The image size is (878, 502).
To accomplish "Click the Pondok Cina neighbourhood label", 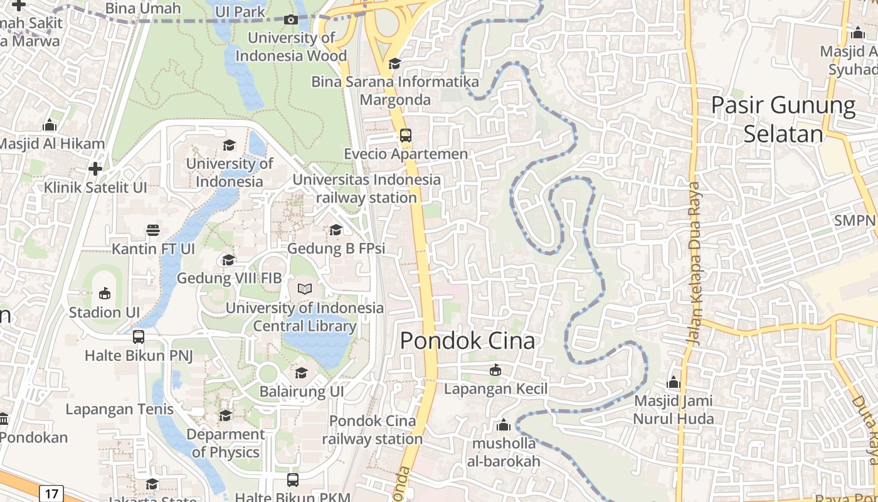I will [x=467, y=341].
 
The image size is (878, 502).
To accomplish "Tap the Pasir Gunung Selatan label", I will [x=783, y=119].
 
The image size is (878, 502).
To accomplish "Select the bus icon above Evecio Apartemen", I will [x=406, y=135].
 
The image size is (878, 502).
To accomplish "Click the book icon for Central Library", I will [x=305, y=289].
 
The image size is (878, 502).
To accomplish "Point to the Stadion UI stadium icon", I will [x=104, y=293].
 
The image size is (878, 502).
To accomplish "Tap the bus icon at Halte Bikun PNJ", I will [x=139, y=337].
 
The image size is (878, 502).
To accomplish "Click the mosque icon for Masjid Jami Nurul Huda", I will [x=674, y=382].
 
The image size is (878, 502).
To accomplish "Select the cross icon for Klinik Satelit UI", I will [x=95, y=169].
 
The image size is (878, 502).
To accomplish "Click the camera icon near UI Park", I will [x=290, y=19].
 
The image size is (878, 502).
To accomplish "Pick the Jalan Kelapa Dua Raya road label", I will [x=693, y=264].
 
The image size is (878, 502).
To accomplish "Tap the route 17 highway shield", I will [x=51, y=493].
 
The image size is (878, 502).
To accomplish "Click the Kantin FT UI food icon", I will [x=153, y=230].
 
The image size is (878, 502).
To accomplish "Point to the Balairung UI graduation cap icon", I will [x=302, y=373].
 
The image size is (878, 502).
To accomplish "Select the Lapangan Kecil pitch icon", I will [x=495, y=370].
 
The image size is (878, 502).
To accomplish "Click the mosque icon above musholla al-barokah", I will [x=503, y=425].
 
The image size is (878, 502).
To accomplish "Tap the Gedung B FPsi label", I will [x=336, y=248].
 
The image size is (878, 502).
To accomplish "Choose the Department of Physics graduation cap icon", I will [x=225, y=415].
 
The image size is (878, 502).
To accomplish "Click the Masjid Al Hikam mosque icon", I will [x=50, y=125].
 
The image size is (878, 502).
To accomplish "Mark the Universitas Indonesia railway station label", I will [x=367, y=188].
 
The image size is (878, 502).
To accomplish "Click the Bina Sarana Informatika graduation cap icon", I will [x=394, y=63].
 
